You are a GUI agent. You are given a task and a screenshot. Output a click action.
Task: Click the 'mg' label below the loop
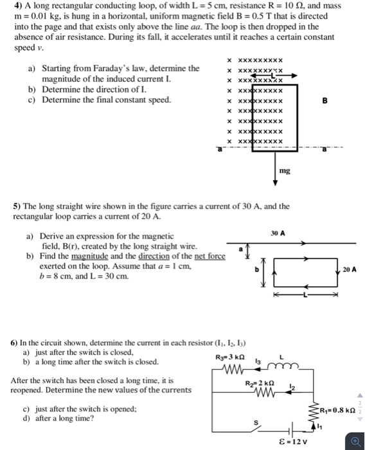285,171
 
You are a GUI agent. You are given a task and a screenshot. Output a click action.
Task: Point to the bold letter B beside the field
325,101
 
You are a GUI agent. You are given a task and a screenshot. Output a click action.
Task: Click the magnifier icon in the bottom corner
355,441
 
